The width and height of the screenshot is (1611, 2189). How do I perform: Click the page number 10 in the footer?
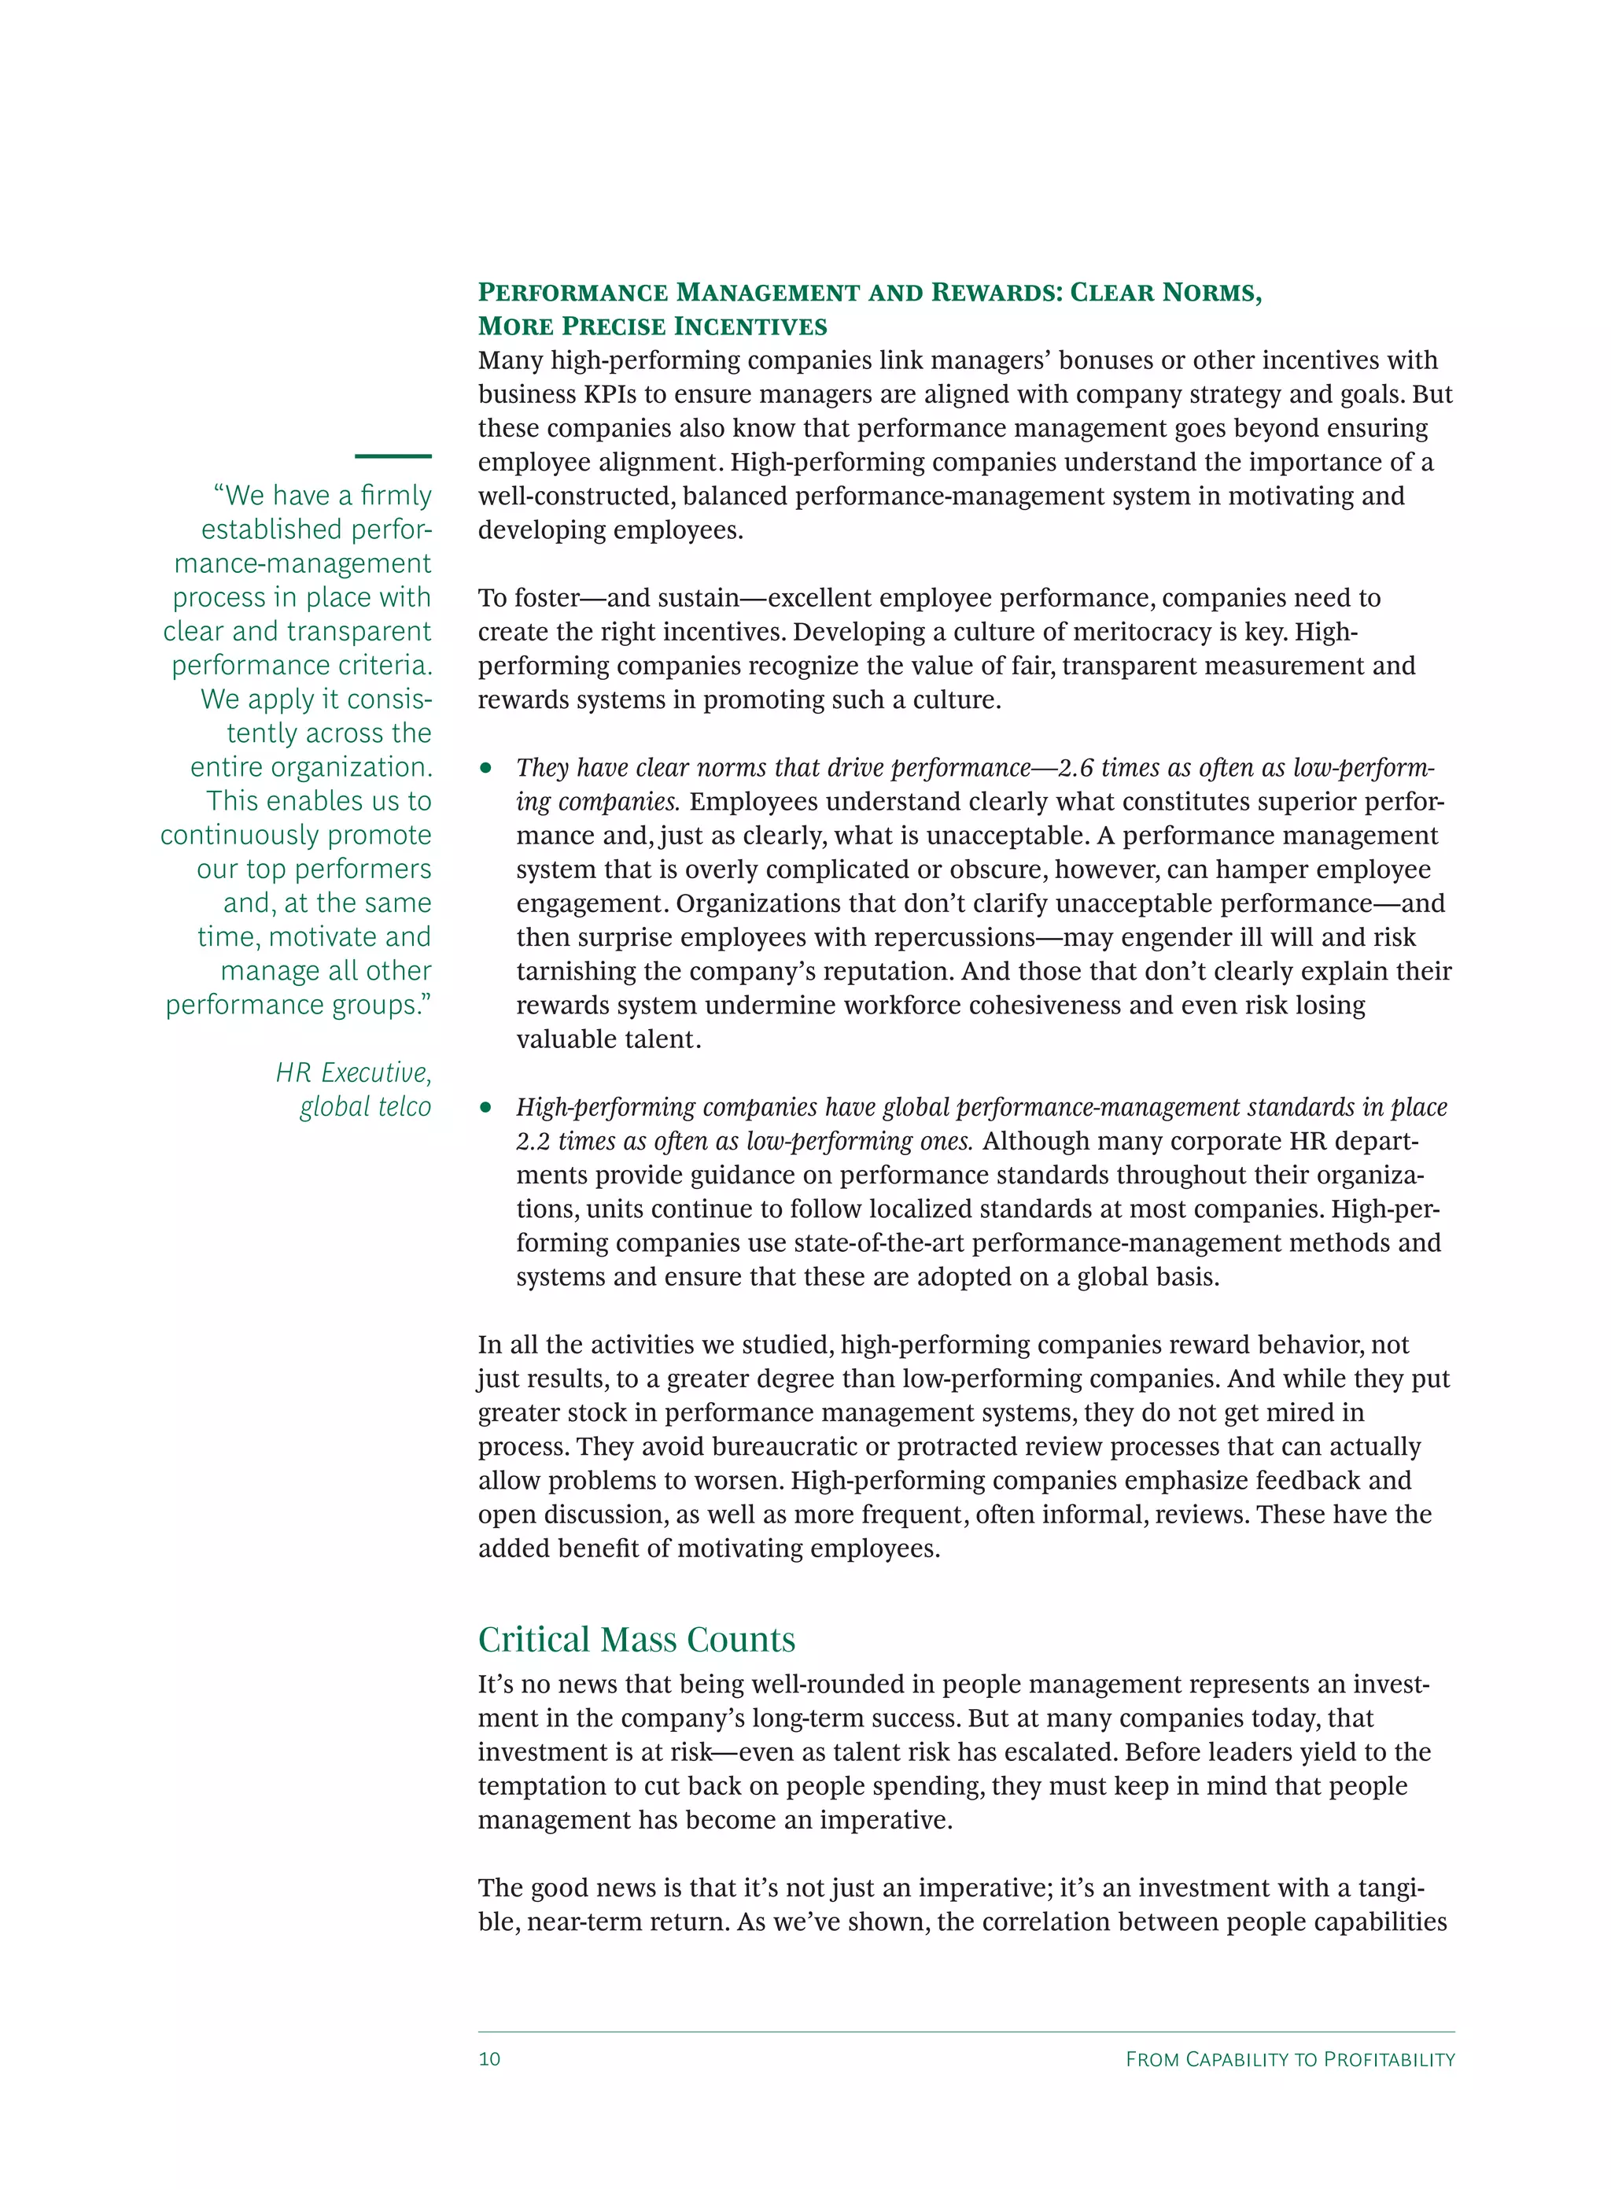click(x=488, y=2058)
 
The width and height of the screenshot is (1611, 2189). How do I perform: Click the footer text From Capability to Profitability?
click(x=1289, y=2058)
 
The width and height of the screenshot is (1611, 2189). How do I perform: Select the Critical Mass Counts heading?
click(x=636, y=1640)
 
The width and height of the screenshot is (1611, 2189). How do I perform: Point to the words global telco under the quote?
click(x=365, y=1106)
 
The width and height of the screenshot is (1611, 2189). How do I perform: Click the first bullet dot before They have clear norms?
click(x=485, y=769)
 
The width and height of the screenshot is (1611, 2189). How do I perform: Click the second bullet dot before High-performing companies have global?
click(x=485, y=1108)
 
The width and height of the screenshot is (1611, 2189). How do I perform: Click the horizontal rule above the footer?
click(x=965, y=2032)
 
